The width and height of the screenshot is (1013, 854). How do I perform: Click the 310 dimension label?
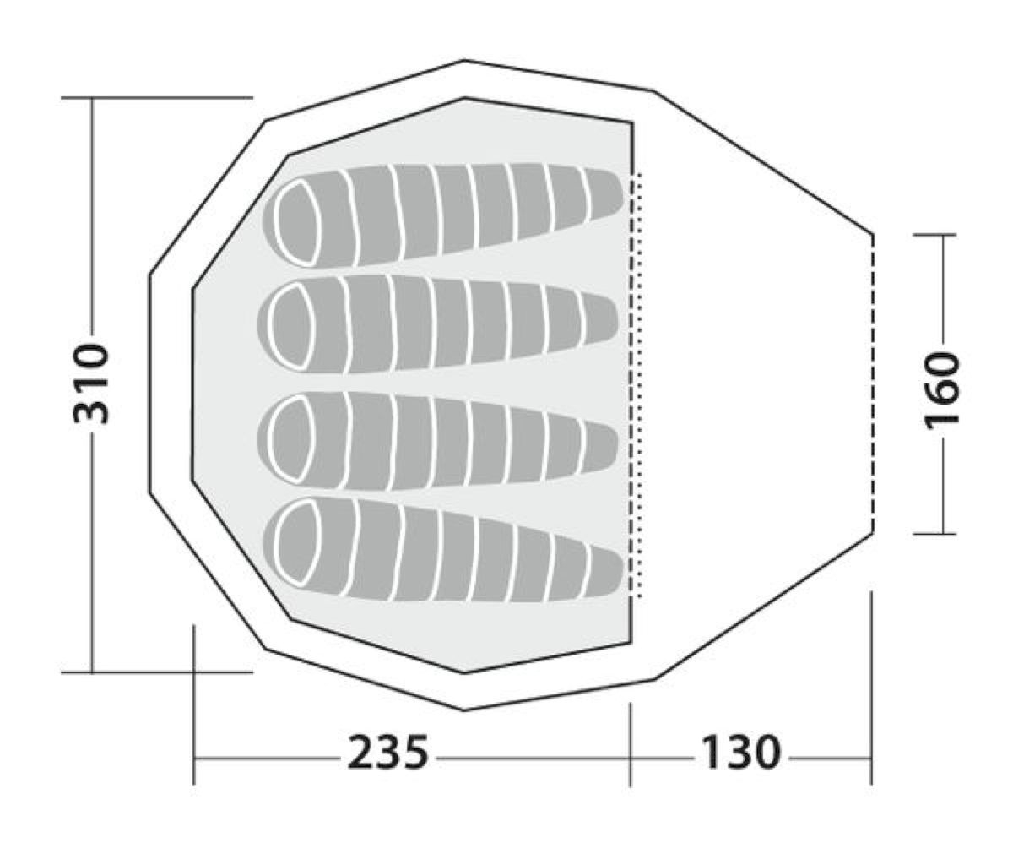pos(90,383)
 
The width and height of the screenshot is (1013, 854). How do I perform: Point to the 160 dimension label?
pos(942,391)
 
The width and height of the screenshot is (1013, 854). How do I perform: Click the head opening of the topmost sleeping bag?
pos(297,223)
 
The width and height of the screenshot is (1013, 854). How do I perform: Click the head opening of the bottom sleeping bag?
pos(298,542)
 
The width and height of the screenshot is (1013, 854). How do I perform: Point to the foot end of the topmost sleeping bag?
pos(604,194)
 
